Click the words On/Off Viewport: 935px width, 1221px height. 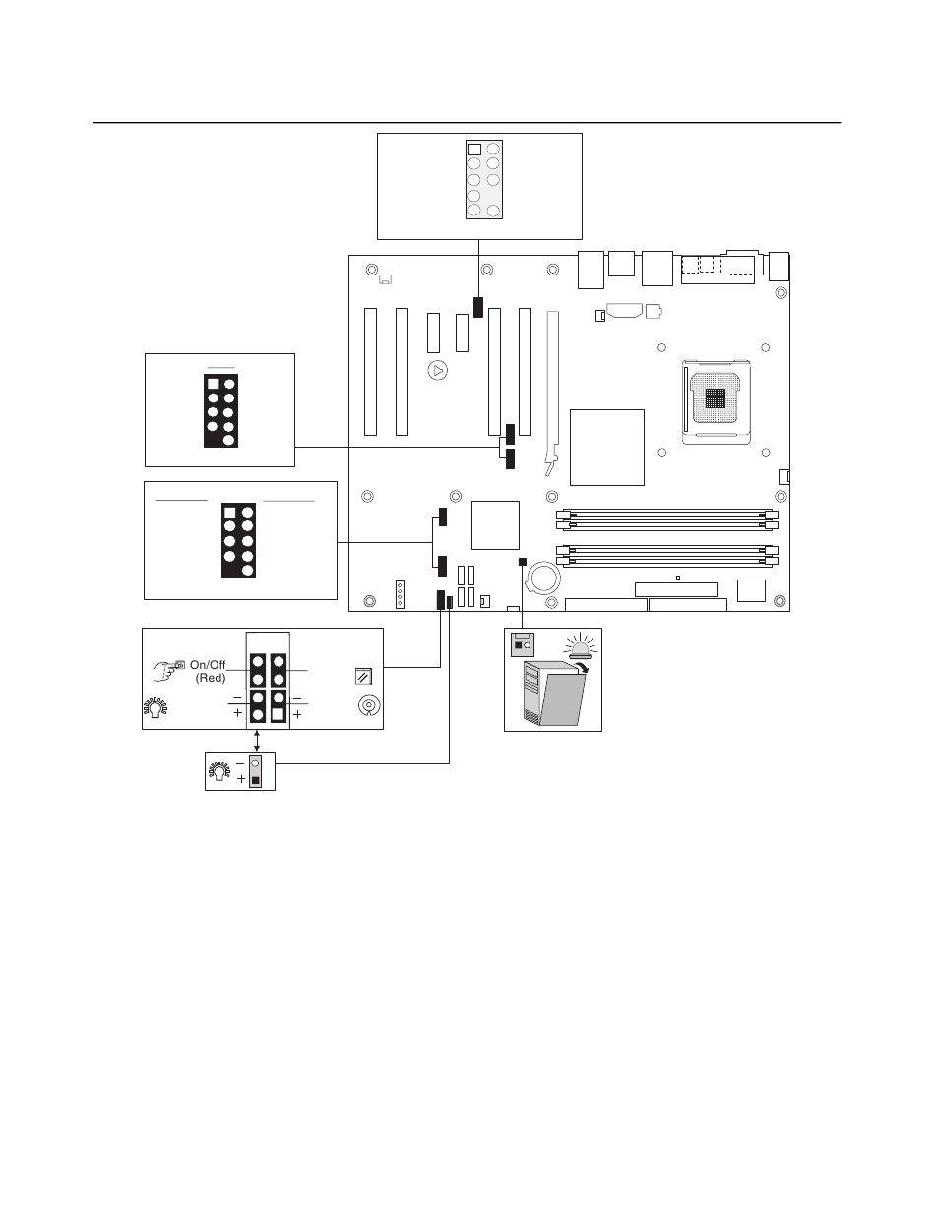(x=208, y=665)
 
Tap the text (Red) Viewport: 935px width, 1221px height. (x=211, y=678)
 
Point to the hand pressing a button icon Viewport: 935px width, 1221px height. (x=168, y=670)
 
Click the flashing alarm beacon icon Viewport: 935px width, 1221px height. (x=581, y=645)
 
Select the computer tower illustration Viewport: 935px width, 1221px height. (x=554, y=693)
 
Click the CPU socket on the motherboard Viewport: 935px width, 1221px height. (x=716, y=401)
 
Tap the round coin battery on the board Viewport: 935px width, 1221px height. (x=543, y=578)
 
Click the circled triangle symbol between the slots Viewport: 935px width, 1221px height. (x=438, y=371)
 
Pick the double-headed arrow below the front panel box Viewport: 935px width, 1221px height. (x=257, y=741)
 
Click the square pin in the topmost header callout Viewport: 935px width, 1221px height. (x=474, y=150)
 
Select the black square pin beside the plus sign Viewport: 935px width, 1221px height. (x=256, y=780)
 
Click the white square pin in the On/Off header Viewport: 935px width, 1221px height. (x=278, y=714)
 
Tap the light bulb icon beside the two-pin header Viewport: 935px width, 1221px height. (x=219, y=769)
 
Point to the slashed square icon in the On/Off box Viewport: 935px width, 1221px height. (x=363, y=677)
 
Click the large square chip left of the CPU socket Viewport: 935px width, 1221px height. (x=607, y=448)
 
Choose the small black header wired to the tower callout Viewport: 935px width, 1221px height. (x=522, y=562)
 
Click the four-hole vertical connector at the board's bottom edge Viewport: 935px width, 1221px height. (x=400, y=594)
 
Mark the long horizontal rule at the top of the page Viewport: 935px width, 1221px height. (x=467, y=122)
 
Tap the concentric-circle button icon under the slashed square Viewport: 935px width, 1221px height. (x=369, y=705)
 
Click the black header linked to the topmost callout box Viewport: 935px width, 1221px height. (x=478, y=307)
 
